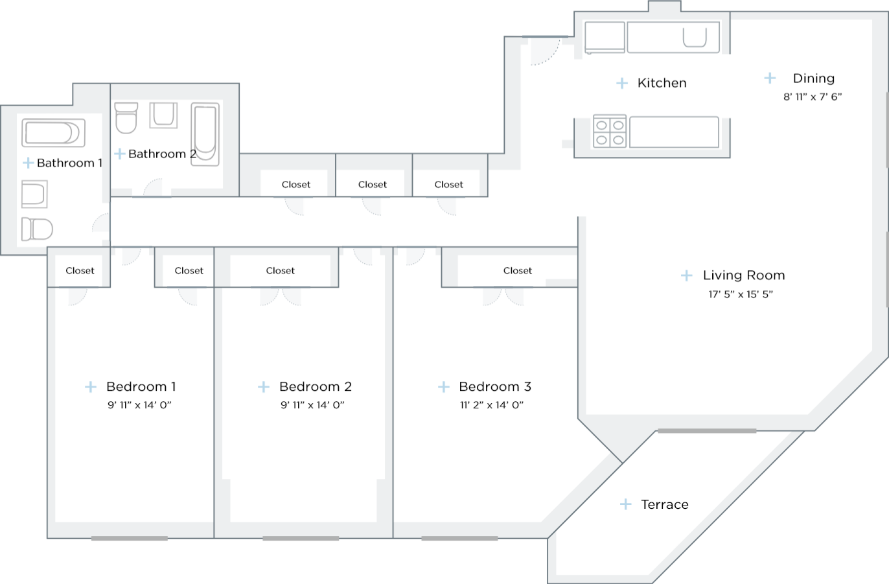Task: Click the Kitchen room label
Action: (662, 83)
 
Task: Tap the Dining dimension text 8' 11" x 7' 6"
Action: (812, 97)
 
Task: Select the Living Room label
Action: (743, 275)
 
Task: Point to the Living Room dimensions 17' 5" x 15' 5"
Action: (741, 294)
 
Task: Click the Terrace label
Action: (664, 504)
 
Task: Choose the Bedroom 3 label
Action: (494, 387)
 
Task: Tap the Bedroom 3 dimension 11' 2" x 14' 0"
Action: (491, 405)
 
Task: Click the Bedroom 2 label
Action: (315, 387)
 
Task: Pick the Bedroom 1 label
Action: (141, 387)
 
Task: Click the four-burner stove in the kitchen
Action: (609, 132)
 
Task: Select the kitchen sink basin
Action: (695, 38)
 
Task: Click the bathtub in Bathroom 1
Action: (53, 133)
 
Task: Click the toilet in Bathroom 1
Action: (37, 229)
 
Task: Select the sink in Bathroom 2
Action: (163, 115)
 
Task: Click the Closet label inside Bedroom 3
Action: (517, 271)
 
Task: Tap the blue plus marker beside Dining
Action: (770, 78)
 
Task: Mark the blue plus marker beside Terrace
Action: (625, 504)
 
